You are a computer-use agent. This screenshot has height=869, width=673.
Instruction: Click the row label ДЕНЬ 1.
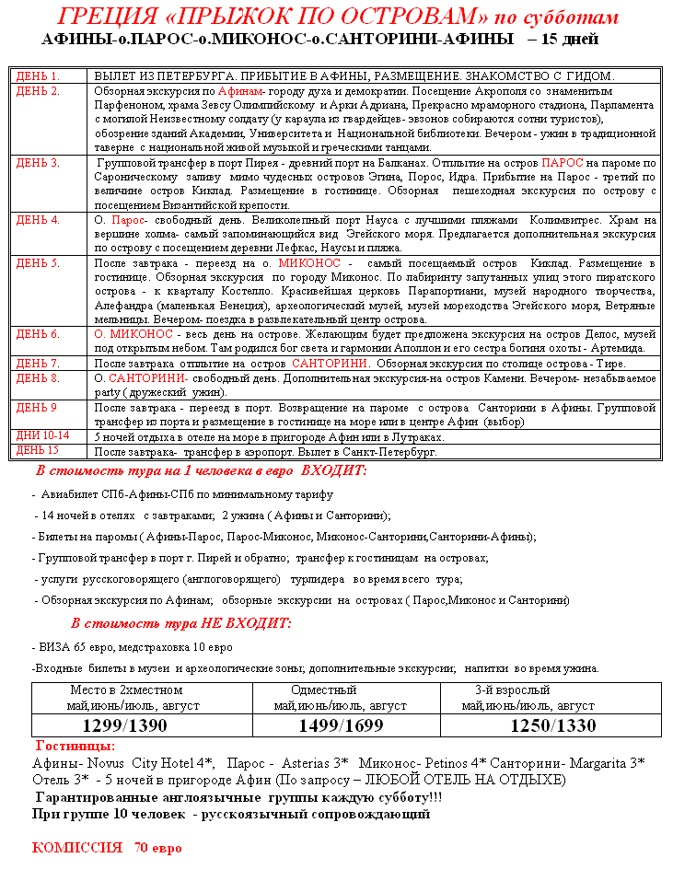click(38, 75)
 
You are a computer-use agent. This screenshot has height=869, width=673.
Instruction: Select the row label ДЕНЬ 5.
click(38, 262)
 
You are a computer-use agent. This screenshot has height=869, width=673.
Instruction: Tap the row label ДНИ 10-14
click(42, 435)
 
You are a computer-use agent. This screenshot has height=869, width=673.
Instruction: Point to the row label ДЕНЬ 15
click(38, 450)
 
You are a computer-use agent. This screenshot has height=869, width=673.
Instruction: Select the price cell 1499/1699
click(341, 725)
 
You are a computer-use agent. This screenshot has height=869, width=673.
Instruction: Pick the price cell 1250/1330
click(552, 725)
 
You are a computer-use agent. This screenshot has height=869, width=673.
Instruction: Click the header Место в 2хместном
click(126, 689)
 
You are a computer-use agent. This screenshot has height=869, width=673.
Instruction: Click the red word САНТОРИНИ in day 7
click(331, 363)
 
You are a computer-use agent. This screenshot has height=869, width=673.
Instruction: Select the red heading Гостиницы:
click(75, 746)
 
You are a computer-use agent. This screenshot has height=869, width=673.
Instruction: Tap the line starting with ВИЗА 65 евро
click(133, 647)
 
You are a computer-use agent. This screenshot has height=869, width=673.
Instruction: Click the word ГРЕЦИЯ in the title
click(97, 17)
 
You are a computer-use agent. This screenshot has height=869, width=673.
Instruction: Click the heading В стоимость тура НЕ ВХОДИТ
click(180, 623)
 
